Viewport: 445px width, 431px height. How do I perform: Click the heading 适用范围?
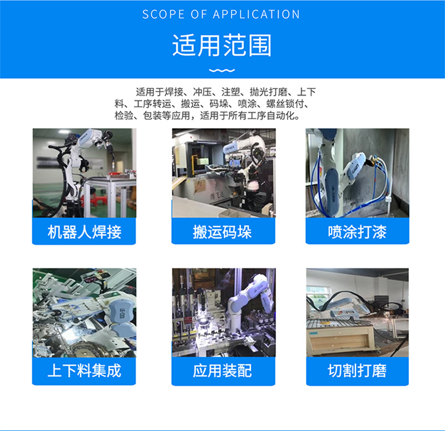point(221,46)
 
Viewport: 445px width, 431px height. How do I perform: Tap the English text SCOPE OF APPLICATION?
point(221,14)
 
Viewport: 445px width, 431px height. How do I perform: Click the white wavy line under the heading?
point(222,71)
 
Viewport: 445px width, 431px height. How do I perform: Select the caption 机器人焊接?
point(85,232)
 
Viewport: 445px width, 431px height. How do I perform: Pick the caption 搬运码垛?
point(222,232)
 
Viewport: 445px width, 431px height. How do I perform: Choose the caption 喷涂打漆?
point(357,232)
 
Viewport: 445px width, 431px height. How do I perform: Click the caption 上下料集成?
point(85,370)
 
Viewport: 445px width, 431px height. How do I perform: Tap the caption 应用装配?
point(222,370)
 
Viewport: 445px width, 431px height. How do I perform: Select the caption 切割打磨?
point(357,370)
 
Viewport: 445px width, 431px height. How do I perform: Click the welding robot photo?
point(85,173)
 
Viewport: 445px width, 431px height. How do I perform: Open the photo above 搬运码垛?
point(224,173)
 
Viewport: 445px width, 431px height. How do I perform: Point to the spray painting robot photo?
point(357,173)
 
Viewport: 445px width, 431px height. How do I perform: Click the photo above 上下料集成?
point(85,313)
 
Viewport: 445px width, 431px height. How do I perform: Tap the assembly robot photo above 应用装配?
point(224,313)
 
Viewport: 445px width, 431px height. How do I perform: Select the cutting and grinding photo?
point(357,313)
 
